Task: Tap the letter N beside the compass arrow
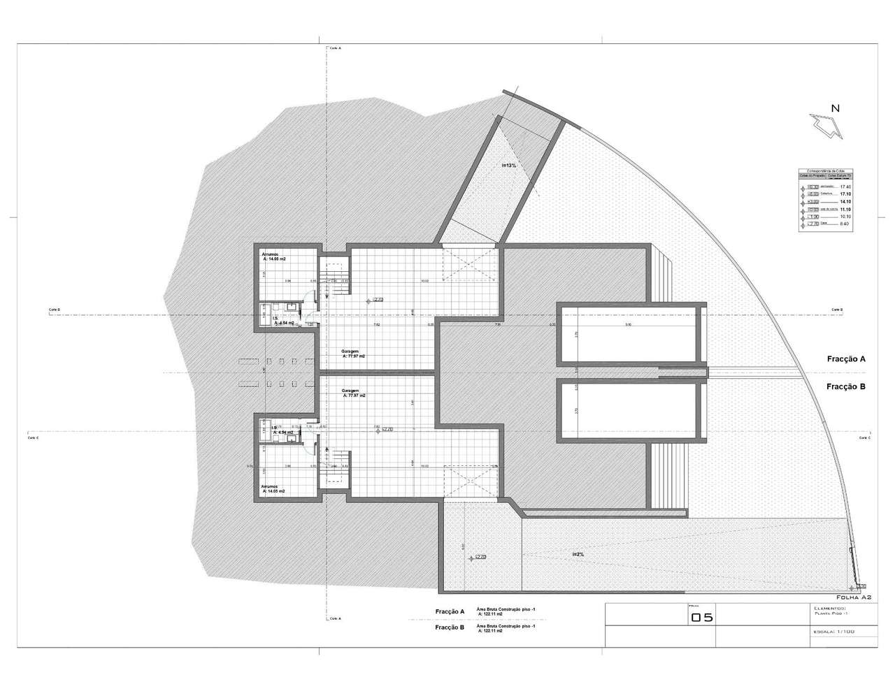point(835,108)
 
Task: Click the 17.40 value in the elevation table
point(845,187)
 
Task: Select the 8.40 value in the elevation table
point(845,224)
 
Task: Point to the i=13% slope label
point(508,166)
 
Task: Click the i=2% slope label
point(578,554)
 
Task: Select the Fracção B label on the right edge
point(846,386)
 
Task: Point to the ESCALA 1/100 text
point(834,632)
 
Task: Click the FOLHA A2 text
point(853,598)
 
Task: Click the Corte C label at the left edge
point(33,438)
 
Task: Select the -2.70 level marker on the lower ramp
point(479,557)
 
